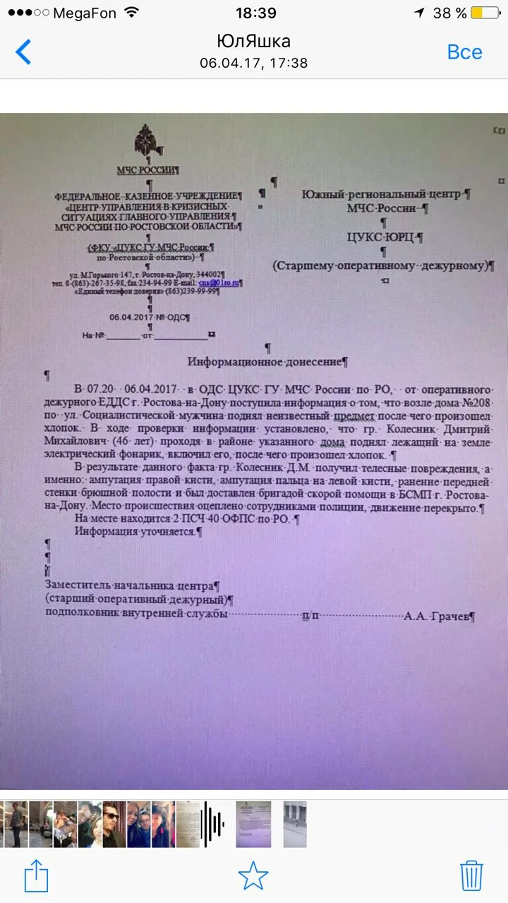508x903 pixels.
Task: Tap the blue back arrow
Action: pos(23,52)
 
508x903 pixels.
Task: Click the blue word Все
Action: pos(464,52)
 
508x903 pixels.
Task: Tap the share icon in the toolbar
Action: pos(37,877)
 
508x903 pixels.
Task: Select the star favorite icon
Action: pos(253,876)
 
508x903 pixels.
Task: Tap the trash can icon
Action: pos(471,876)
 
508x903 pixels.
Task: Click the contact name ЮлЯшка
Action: pos(253,41)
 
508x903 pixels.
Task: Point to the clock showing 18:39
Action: pos(255,13)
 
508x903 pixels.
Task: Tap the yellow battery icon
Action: pos(485,13)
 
